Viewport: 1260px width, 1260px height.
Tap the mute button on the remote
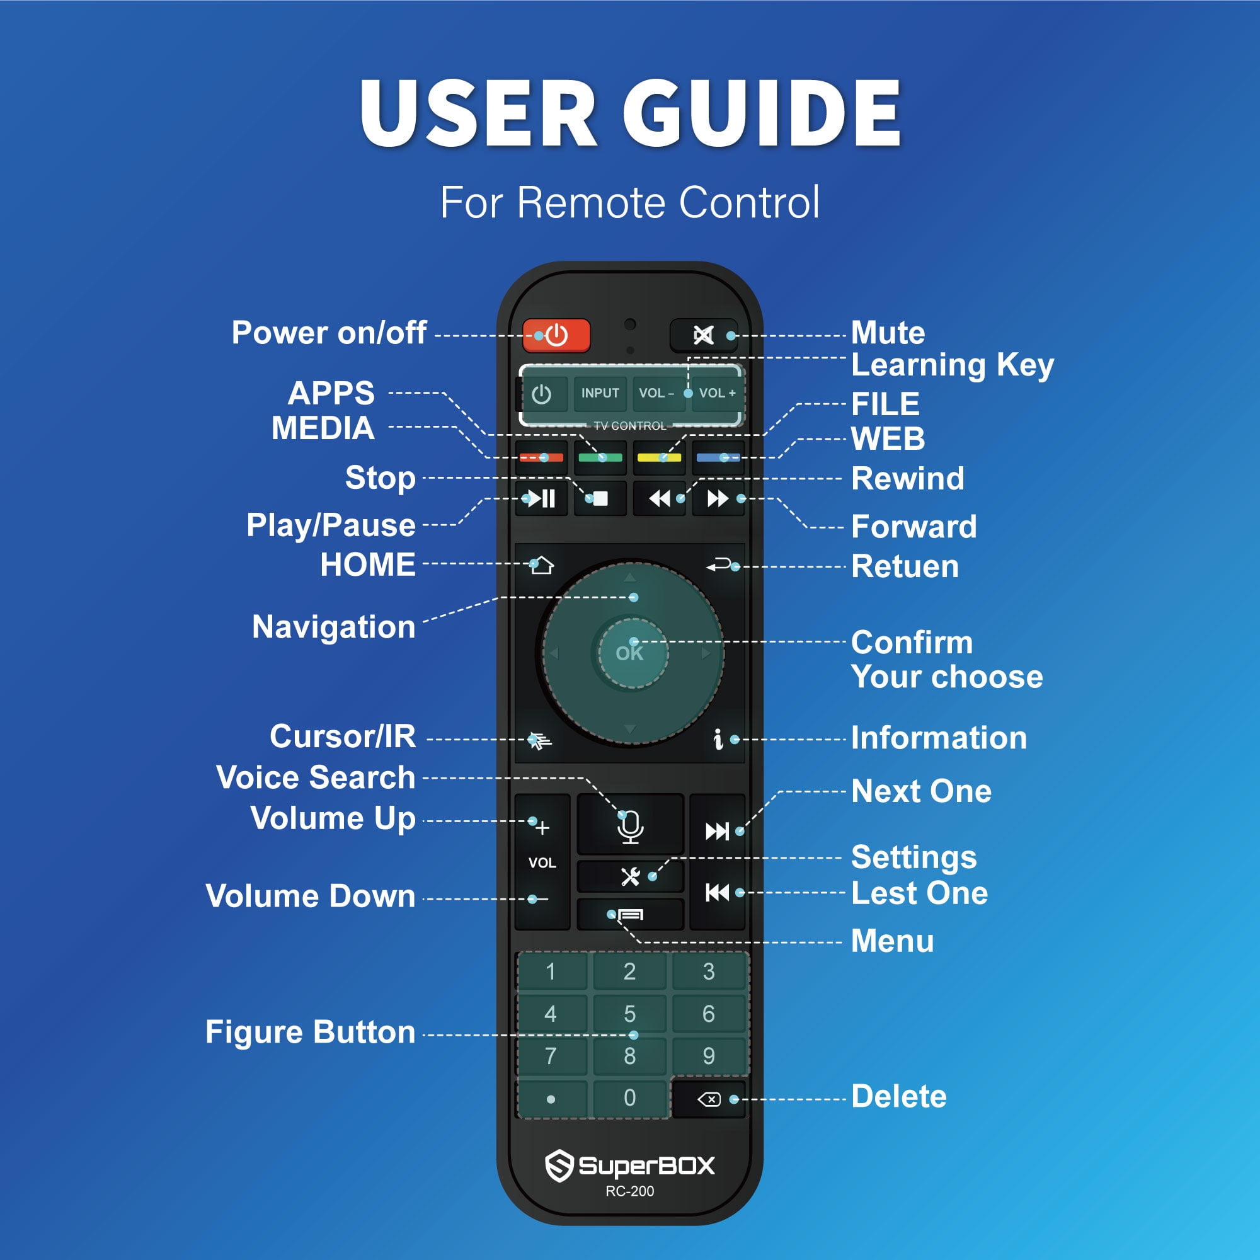coord(703,335)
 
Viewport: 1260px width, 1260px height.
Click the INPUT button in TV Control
coord(600,393)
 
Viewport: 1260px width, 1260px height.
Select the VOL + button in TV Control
coord(717,393)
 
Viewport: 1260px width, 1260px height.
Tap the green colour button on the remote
coord(600,457)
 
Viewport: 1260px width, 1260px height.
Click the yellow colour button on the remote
coord(659,457)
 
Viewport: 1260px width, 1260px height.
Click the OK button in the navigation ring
coord(630,653)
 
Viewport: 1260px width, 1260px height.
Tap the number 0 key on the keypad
coord(629,1097)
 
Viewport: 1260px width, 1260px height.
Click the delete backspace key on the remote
coord(709,1099)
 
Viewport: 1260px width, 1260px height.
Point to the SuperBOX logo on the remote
coord(630,1165)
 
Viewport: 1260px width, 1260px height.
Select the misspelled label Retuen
coord(905,566)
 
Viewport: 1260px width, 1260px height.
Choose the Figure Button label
coord(311,1032)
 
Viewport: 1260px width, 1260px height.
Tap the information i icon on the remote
coord(718,739)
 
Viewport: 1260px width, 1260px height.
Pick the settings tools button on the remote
coord(630,876)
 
